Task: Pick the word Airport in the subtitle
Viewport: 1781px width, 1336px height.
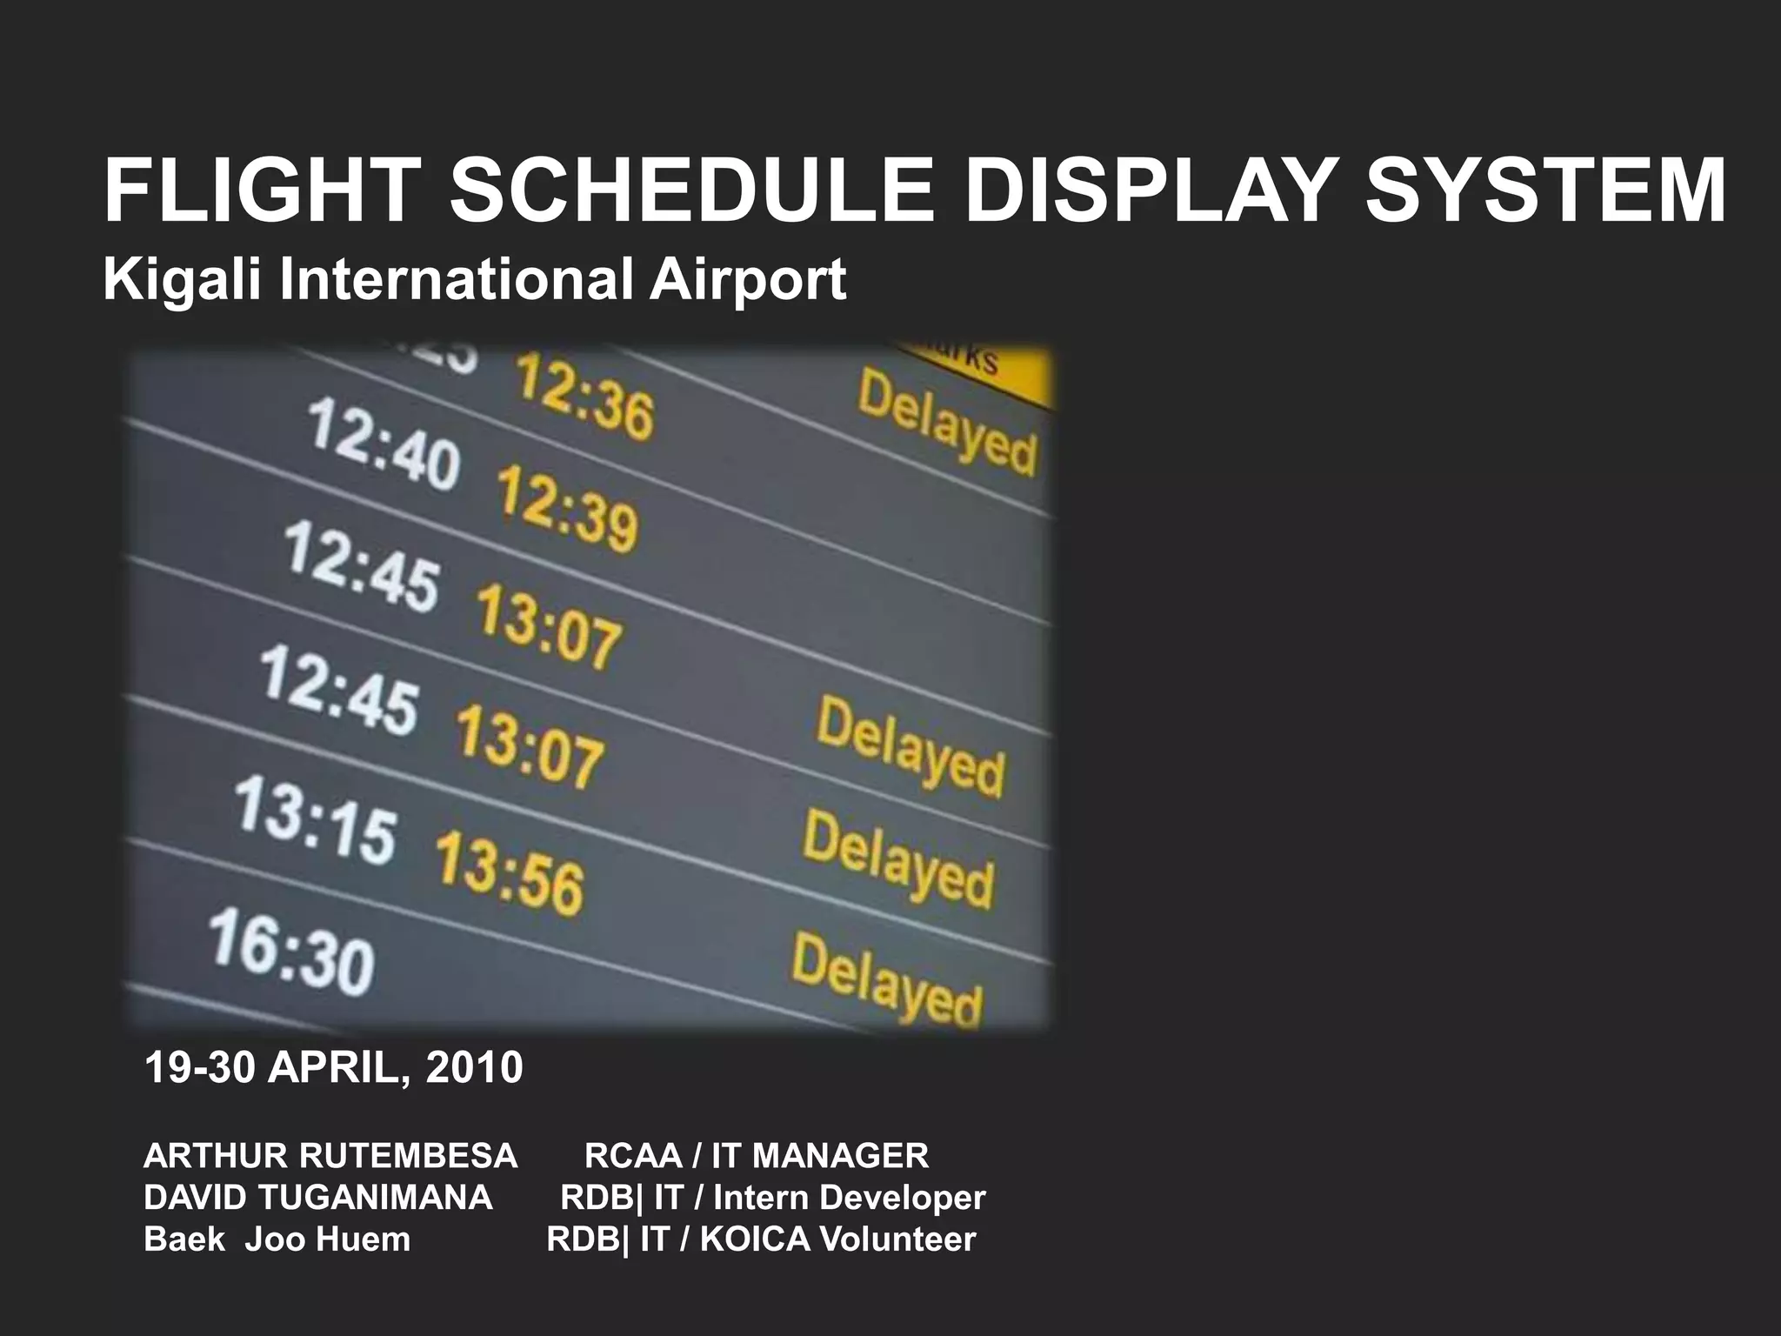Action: pos(747,281)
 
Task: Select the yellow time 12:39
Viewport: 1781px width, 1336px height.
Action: pos(567,509)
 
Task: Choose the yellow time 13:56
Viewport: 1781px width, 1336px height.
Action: pos(510,872)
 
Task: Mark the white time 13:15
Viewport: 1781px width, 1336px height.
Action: pos(316,820)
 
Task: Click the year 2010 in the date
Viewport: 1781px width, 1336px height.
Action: pos(475,1067)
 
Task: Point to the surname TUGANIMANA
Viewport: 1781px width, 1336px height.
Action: pos(376,1198)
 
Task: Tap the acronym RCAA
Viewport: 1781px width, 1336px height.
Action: pos(633,1156)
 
